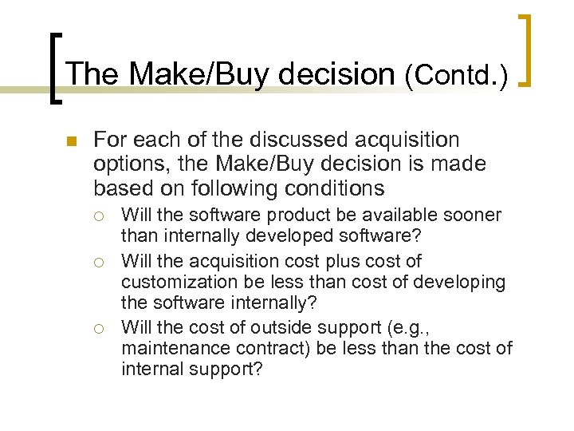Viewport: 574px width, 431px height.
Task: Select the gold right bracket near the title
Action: coord(525,49)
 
